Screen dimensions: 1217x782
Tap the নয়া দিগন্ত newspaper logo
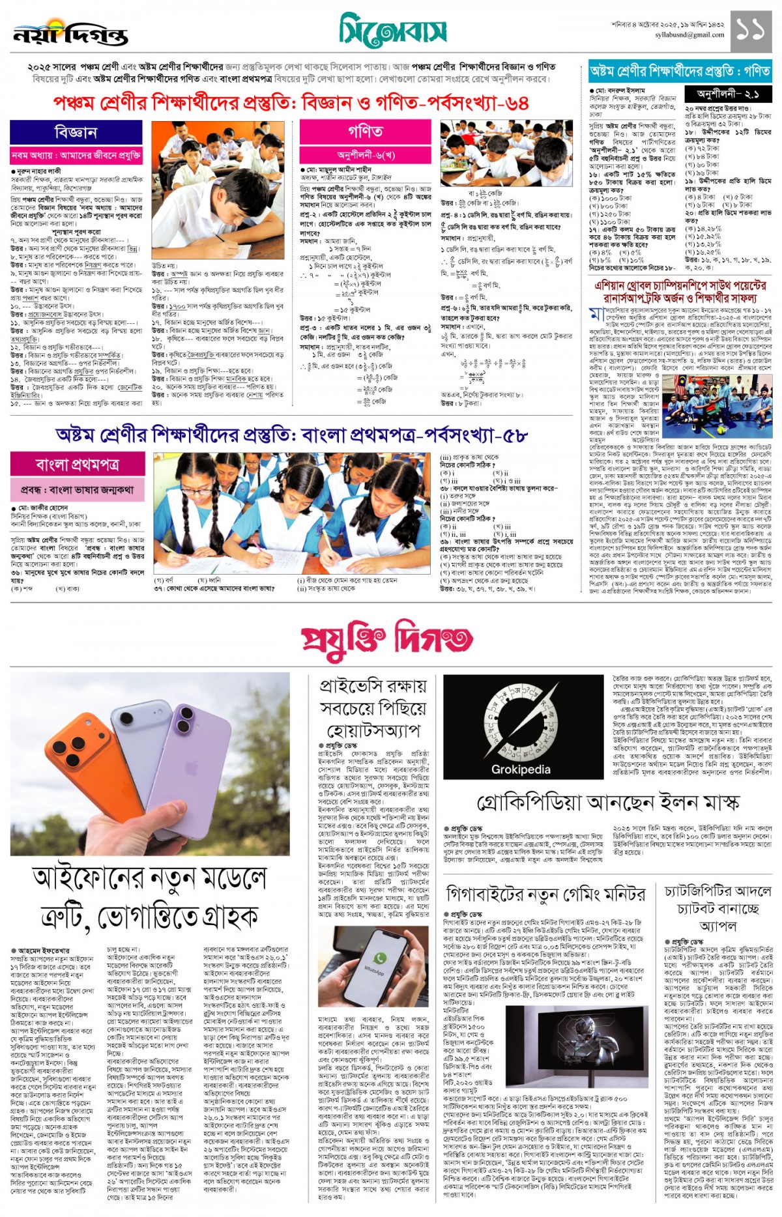click(70, 34)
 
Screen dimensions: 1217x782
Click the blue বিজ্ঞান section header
click(77, 133)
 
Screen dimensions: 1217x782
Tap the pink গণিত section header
click(365, 132)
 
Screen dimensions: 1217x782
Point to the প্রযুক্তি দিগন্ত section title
click(387, 640)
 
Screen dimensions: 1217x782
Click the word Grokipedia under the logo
click(521, 769)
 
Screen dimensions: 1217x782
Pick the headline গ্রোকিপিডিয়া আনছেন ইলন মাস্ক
click(608, 803)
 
